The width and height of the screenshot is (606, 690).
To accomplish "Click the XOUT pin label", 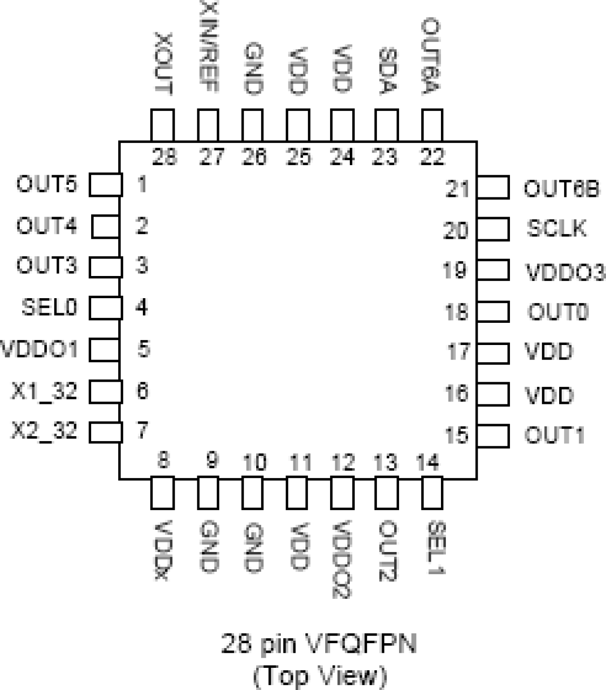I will pyautogui.click(x=163, y=63).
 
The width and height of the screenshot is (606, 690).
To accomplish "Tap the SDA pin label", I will pyautogui.click(x=387, y=70).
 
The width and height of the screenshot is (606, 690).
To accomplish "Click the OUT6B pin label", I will pyautogui.click(x=562, y=189).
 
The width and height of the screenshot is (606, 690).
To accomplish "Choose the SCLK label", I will pyautogui.click(x=556, y=228).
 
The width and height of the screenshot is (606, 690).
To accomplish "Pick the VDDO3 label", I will pyautogui.click(x=565, y=272).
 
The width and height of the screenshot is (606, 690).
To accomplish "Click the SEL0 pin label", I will pyautogui.click(x=49, y=307).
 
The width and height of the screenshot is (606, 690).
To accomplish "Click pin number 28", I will pyautogui.click(x=164, y=157).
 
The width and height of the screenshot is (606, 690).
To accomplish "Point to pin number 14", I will pyautogui.click(x=427, y=463).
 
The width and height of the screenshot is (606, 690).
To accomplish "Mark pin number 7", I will pyautogui.click(x=142, y=430).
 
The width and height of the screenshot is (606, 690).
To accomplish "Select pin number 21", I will pyautogui.click(x=457, y=189).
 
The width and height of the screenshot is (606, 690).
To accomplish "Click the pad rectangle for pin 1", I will pyautogui.click(x=106, y=185).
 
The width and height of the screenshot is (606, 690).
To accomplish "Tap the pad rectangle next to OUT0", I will pyautogui.click(x=493, y=312).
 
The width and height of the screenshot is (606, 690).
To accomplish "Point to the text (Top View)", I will pyautogui.click(x=320, y=675).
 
